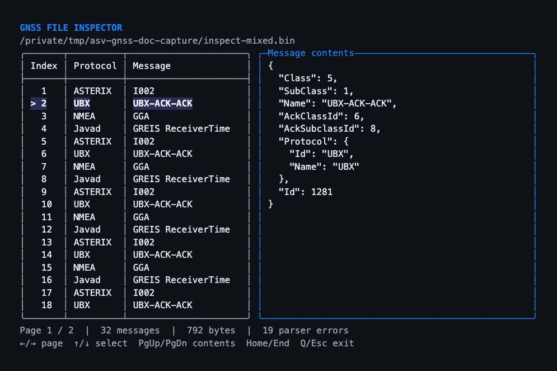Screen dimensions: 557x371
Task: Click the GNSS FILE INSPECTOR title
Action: tap(71, 28)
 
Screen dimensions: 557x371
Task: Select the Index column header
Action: tap(44, 66)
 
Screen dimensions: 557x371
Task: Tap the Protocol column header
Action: tap(95, 66)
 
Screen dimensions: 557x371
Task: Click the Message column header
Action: tap(152, 66)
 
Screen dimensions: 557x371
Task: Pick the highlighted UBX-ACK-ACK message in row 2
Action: tap(163, 104)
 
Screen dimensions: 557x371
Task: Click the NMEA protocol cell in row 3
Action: tap(84, 117)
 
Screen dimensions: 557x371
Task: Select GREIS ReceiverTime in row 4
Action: tap(181, 129)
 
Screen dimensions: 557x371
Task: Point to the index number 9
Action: tap(44, 192)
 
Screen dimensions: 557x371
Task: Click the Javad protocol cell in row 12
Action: tap(87, 230)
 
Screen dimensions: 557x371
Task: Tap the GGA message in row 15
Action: tap(141, 267)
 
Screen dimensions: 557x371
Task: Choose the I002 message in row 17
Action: tap(143, 293)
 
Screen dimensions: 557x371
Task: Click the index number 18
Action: tap(46, 305)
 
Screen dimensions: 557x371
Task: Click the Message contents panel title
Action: tap(311, 53)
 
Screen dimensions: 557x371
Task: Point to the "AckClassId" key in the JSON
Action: tap(311, 117)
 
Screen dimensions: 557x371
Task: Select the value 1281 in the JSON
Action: tap(322, 192)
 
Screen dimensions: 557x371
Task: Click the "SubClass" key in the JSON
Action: tap(306, 91)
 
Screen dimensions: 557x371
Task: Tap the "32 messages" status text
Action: tap(130, 331)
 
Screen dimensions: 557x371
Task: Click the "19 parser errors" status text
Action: tap(306, 331)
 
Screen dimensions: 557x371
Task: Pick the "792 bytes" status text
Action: tap(211, 331)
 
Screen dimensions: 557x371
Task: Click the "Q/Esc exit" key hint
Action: tap(327, 343)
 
